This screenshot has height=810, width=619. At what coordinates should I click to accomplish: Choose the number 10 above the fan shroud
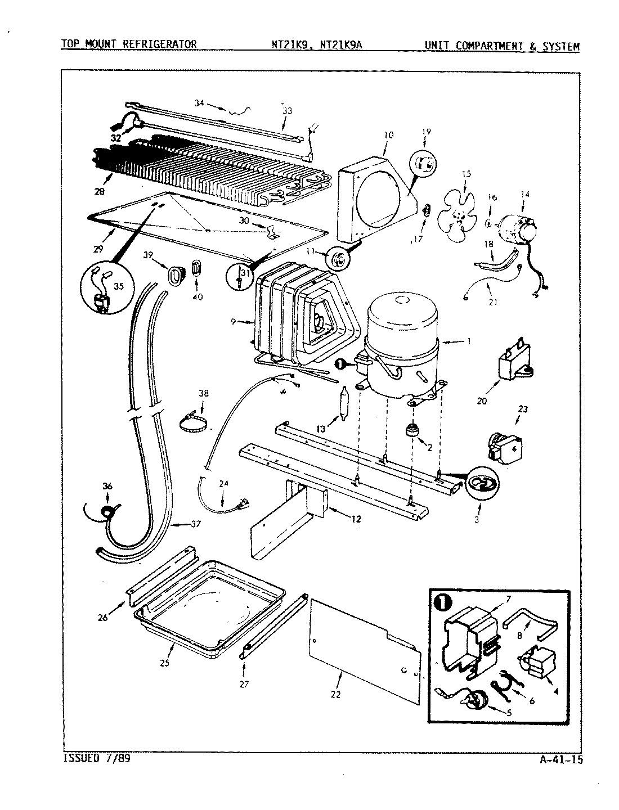coord(389,136)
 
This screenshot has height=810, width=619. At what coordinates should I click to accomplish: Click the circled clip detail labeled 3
coord(482,482)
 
